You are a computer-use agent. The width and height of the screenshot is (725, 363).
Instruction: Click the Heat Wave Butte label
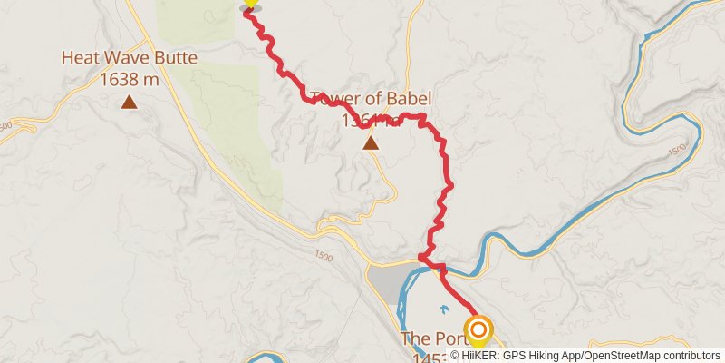coord(129,59)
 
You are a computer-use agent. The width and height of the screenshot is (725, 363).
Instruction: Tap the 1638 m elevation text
coord(130,79)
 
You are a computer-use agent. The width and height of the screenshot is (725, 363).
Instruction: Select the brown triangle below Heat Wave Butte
coord(130,103)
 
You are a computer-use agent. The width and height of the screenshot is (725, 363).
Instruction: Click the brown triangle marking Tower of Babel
coord(371,142)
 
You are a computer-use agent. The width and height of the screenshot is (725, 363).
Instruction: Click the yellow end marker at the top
coord(250,4)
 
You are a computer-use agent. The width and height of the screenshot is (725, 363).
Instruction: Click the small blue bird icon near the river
coord(443,309)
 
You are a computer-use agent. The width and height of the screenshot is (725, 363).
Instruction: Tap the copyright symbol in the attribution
coord(455,356)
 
